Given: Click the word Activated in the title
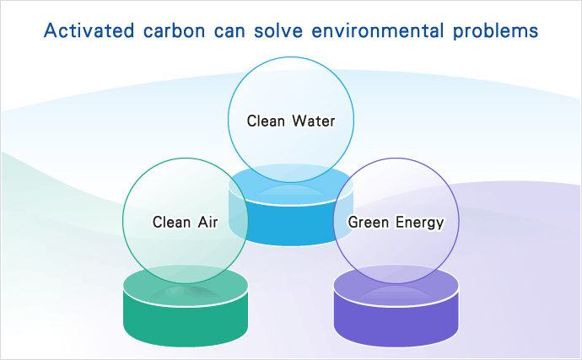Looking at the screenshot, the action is (89, 30).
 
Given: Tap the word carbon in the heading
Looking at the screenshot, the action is (174, 30).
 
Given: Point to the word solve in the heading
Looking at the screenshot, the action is (278, 30).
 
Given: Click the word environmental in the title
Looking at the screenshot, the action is (378, 30).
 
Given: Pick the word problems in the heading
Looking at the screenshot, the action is (495, 31).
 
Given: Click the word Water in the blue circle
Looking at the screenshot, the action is (313, 121).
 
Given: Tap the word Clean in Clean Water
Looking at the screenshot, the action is (266, 121).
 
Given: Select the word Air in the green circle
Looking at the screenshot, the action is (207, 222).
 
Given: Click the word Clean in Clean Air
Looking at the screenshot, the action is (171, 222).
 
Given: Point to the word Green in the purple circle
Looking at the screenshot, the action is (369, 222).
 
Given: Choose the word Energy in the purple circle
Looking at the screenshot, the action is (419, 223).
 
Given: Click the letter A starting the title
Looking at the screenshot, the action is (50, 30).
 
